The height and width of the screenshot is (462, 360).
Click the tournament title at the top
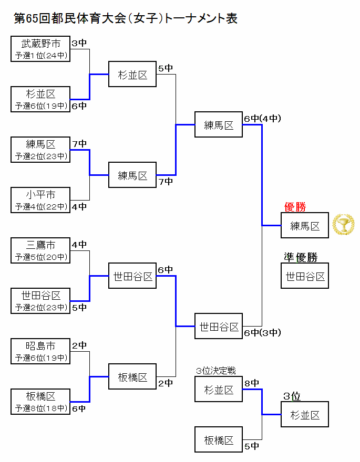tap(126, 19)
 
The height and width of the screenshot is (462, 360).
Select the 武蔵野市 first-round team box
tap(40, 49)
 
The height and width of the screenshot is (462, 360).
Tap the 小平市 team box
tap(40, 200)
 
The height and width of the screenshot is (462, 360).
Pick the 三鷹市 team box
tap(40, 250)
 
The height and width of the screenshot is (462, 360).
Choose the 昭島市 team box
tap(40, 351)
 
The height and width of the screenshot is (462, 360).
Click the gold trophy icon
tap(343, 225)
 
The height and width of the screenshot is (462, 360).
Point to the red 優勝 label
tap(295, 207)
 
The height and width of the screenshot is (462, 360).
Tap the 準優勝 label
tap(301, 257)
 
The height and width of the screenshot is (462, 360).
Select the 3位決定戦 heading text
tap(215, 371)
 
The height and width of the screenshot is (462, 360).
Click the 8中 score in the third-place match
tap(252, 383)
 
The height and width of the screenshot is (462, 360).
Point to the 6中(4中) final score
tap(262, 119)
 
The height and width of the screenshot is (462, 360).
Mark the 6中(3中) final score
tap(262, 332)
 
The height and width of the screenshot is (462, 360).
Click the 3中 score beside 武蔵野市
tap(79, 44)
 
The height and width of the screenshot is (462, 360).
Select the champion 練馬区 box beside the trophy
tap(305, 226)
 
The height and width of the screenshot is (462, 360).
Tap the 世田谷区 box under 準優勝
tap(305, 276)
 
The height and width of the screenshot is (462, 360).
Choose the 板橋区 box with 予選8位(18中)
tap(40, 402)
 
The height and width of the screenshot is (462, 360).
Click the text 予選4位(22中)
tap(41, 207)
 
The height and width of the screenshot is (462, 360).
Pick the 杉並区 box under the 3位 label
tap(305, 415)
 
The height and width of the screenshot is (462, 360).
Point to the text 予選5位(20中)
tap(41, 257)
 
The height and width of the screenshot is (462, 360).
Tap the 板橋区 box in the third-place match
tap(219, 440)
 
